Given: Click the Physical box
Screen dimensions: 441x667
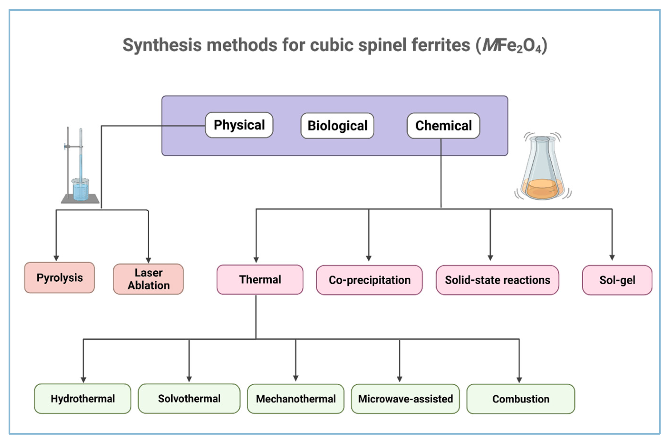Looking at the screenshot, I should [239, 125].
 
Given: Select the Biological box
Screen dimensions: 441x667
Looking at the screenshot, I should [337, 126].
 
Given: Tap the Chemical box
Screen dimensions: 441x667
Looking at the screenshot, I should [443, 126].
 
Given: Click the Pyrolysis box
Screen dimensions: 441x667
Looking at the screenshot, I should [60, 278].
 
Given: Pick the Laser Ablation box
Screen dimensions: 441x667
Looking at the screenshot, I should [149, 279].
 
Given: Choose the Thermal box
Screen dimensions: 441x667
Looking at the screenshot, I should [260, 280].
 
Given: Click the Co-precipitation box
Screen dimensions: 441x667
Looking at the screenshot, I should [369, 280].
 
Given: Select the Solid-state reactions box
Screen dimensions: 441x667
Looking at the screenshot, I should [497, 280].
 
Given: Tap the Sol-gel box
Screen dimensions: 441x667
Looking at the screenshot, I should [617, 280].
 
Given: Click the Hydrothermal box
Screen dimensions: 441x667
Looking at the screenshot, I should [83, 398].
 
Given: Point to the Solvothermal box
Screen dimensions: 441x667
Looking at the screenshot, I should [189, 398].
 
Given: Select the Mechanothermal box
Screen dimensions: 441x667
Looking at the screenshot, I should [295, 399].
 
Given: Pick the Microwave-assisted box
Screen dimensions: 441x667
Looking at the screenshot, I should [405, 399].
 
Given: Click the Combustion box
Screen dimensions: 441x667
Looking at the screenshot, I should [521, 399].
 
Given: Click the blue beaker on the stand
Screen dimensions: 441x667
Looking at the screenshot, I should [80, 190].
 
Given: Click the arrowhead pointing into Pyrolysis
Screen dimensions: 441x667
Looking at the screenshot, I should [56, 258].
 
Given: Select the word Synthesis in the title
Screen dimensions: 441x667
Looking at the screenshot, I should [162, 45].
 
